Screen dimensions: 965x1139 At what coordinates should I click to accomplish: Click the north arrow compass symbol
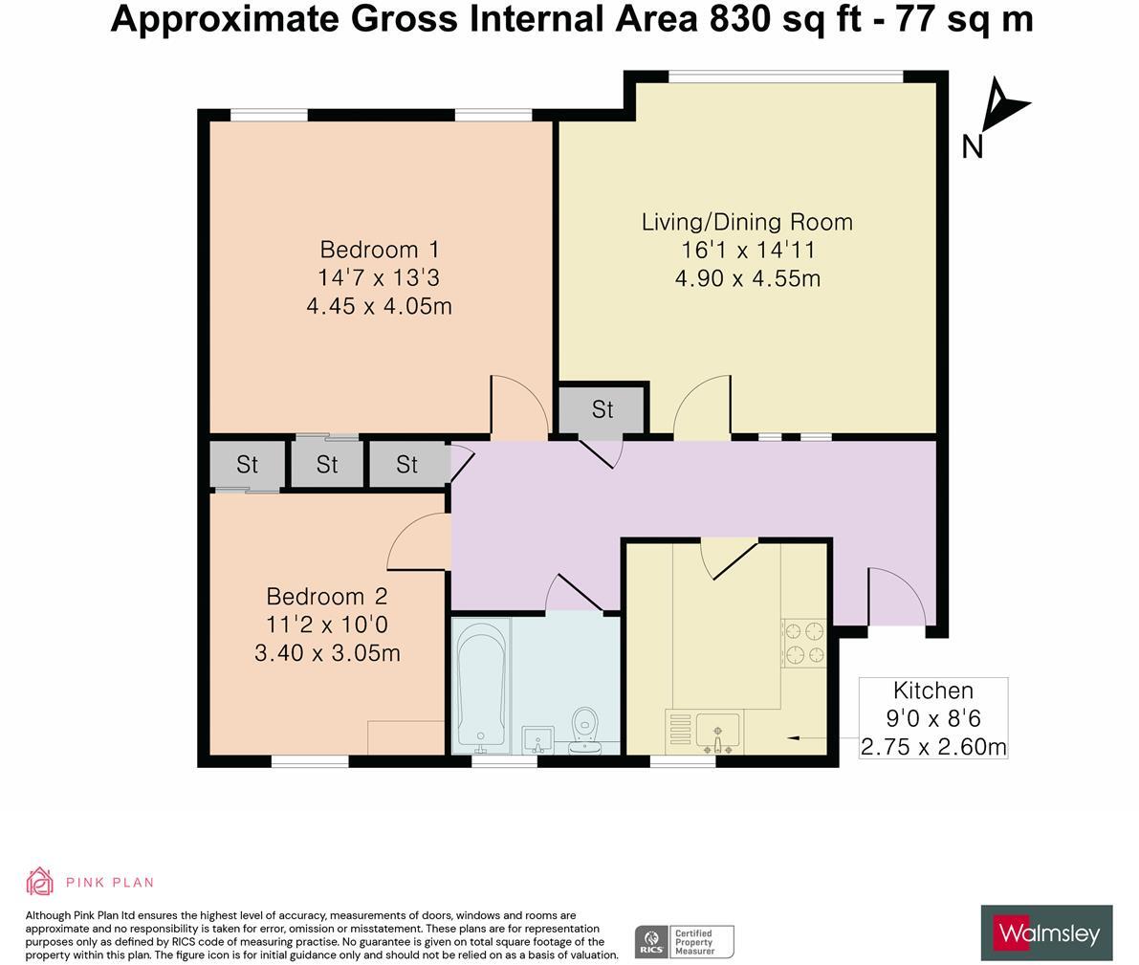coord(1000,105)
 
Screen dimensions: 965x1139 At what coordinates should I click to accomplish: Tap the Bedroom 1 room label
coord(379,250)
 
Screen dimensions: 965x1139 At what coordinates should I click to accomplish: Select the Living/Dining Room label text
coord(746,222)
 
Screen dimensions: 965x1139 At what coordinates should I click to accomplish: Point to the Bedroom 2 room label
coord(326,597)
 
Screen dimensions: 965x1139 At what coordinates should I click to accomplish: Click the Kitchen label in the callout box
coord(932,691)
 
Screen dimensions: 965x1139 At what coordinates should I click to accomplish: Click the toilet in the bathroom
coord(584,732)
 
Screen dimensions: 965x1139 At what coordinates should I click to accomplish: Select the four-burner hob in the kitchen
coord(804,643)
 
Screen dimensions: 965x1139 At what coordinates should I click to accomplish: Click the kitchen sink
coord(716,733)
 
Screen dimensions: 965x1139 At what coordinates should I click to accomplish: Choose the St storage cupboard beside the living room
coord(602,409)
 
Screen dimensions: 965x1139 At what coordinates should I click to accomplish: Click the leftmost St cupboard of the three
coord(247,465)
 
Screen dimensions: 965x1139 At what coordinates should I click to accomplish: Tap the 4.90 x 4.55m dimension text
coord(746,279)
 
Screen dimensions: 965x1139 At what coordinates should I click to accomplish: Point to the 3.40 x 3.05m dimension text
coord(326,654)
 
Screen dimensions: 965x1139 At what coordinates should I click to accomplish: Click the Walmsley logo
coord(1046,932)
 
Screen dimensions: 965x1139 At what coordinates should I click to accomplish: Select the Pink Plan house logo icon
coord(39,882)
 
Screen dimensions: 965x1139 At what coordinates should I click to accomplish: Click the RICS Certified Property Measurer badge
coord(684,941)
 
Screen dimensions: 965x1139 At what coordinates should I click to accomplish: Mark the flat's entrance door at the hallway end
coord(897,598)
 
